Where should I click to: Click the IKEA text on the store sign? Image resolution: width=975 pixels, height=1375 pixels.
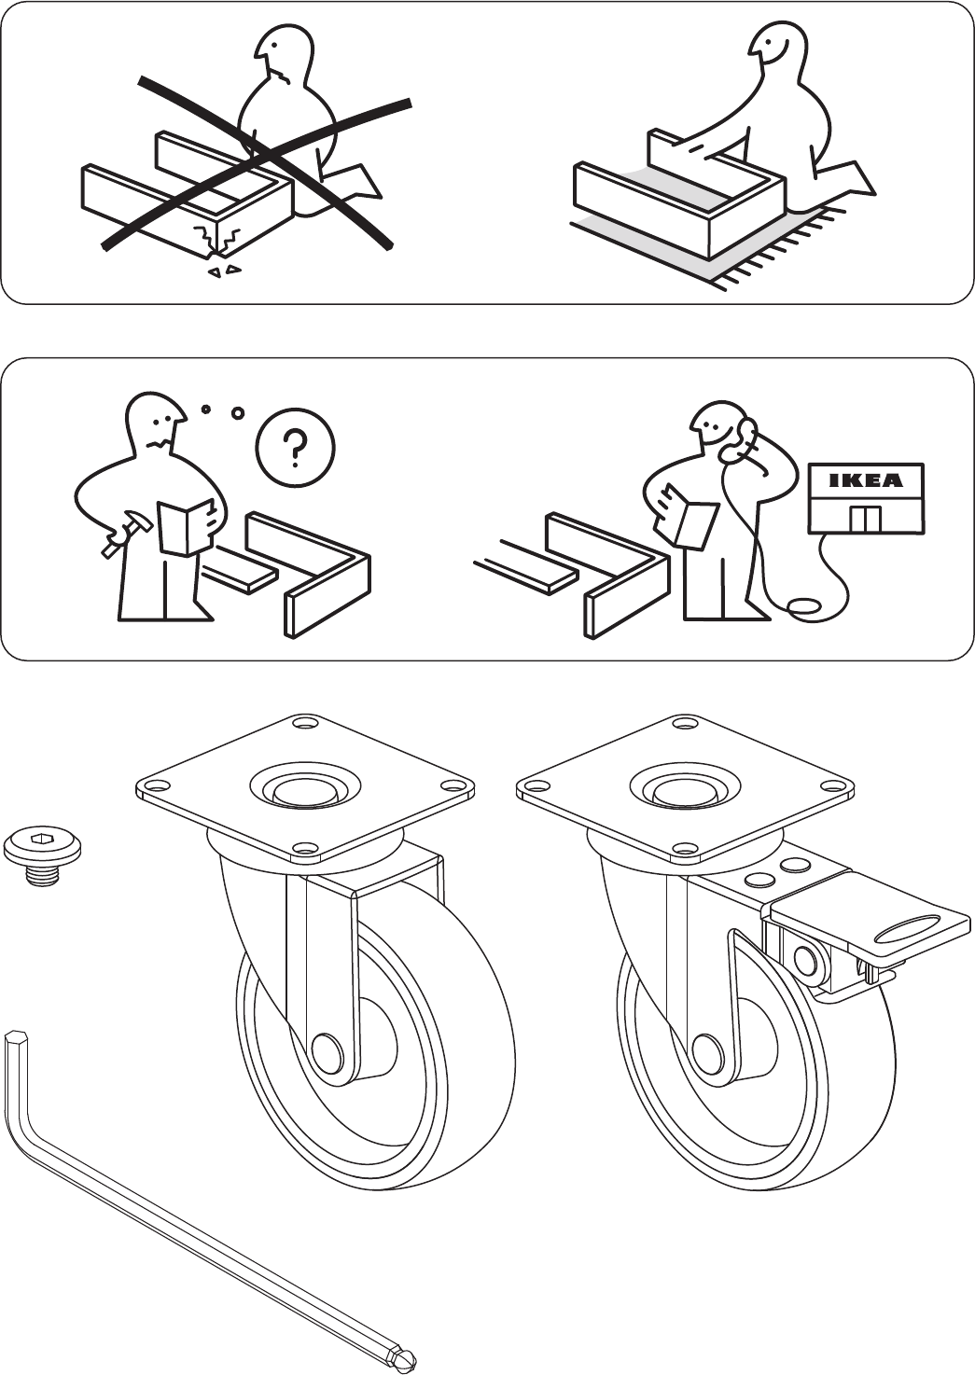(x=866, y=480)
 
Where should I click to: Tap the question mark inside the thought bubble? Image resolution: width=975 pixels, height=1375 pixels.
(x=298, y=447)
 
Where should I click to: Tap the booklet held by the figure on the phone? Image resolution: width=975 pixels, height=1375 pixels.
(x=686, y=516)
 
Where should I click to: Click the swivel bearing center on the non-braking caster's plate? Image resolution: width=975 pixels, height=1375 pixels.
(x=304, y=789)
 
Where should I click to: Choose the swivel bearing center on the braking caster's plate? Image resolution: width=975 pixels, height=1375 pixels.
(x=684, y=789)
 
